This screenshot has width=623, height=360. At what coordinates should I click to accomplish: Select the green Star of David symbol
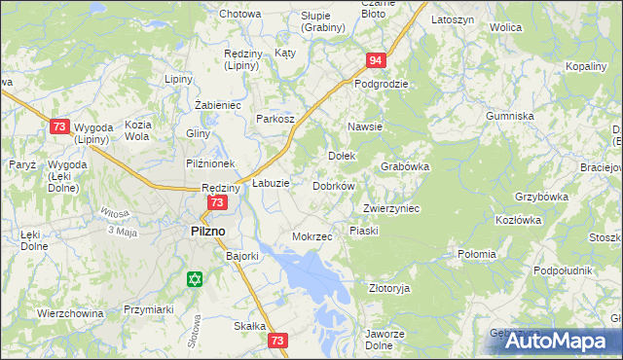195,279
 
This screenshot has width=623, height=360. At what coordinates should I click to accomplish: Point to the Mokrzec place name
312,236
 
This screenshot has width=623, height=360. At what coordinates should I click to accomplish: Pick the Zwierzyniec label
390,208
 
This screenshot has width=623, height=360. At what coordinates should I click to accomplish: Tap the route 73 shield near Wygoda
60,126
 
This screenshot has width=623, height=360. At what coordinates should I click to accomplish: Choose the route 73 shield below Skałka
278,341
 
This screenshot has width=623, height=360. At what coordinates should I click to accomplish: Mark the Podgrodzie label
381,84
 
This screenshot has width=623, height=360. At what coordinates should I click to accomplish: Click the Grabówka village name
405,166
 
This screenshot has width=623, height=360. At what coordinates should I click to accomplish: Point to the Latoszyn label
453,19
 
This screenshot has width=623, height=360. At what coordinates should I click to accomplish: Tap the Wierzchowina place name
70,313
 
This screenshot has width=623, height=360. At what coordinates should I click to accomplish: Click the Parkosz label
275,118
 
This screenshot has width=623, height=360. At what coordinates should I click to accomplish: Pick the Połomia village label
477,255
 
